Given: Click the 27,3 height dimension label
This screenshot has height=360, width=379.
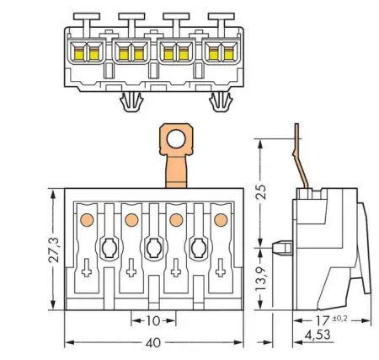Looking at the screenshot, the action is pyautogui.click(x=54, y=250).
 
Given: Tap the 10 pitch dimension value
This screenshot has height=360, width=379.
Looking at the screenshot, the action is pyautogui.click(x=153, y=320).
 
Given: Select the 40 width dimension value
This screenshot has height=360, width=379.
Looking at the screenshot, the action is pyautogui.click(x=153, y=342).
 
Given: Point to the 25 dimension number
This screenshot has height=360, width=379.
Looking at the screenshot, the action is pyautogui.click(x=260, y=191).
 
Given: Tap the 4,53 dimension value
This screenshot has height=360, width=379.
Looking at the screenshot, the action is pyautogui.click(x=318, y=335).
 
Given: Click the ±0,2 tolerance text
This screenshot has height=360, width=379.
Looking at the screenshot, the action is pyautogui.click(x=339, y=319).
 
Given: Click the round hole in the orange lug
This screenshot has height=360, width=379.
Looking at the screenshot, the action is pyautogui.click(x=176, y=139).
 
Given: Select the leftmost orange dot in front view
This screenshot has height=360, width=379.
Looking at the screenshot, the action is pyautogui.click(x=87, y=220).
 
